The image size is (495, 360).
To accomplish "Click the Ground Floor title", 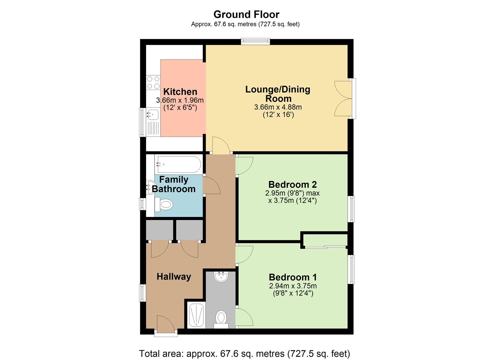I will pyautogui.click(x=246, y=14).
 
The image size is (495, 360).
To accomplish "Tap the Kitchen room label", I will pyautogui.click(x=180, y=92).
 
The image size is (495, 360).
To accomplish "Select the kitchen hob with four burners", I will pyautogui.click(x=153, y=83).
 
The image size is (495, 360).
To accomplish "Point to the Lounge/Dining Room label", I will pyautogui.click(x=278, y=94).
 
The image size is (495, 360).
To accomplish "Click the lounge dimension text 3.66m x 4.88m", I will pyautogui.click(x=278, y=107).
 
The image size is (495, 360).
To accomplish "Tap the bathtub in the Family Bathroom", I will pyautogui.click(x=178, y=164).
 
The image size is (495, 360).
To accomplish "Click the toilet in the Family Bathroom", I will pyautogui.click(x=165, y=204).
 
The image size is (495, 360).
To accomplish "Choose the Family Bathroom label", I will pyautogui.click(x=174, y=184).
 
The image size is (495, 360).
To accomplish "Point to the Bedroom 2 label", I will pyautogui.click(x=292, y=184).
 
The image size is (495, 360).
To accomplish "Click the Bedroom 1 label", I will pyautogui.click(x=293, y=277).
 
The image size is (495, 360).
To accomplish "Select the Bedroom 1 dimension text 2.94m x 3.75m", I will pyautogui.click(x=293, y=286).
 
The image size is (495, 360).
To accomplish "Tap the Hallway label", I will pyautogui.click(x=174, y=277).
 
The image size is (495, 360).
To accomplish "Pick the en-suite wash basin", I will pyautogui.click(x=221, y=277).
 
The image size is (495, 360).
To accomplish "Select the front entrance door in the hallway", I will pyautogui.click(x=166, y=325).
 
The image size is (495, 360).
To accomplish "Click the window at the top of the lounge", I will pyautogui.click(x=256, y=41).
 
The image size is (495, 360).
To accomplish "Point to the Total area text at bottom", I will pyautogui.click(x=244, y=353).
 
